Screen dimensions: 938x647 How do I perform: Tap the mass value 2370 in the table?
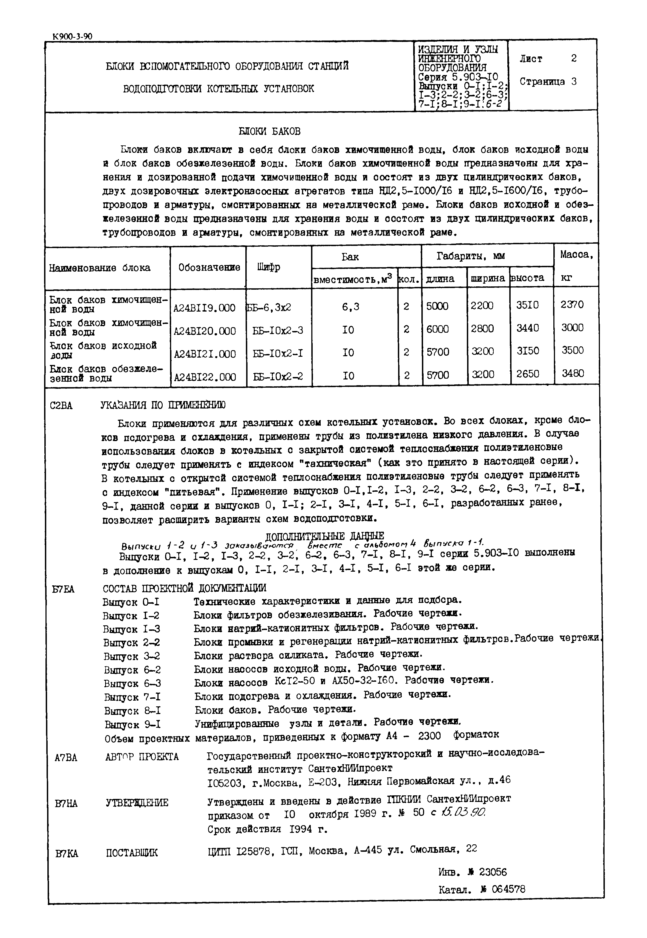pyautogui.click(x=572, y=304)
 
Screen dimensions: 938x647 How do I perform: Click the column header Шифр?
pyautogui.click(x=268, y=267)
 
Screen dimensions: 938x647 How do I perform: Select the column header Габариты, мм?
pyautogui.click(x=470, y=256)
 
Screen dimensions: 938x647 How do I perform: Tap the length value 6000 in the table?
pyautogui.click(x=438, y=329)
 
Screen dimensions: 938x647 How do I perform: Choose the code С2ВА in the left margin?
pyautogui.click(x=61, y=405)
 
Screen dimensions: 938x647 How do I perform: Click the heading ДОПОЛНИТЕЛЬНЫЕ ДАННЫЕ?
pyautogui.click(x=324, y=536)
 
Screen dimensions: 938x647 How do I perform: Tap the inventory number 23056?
pyautogui.click(x=493, y=871)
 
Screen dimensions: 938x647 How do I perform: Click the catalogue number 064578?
pyautogui.click(x=508, y=889)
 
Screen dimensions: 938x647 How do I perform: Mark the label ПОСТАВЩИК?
pyautogui.click(x=132, y=853)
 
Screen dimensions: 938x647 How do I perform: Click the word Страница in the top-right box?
pyautogui.click(x=542, y=82)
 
